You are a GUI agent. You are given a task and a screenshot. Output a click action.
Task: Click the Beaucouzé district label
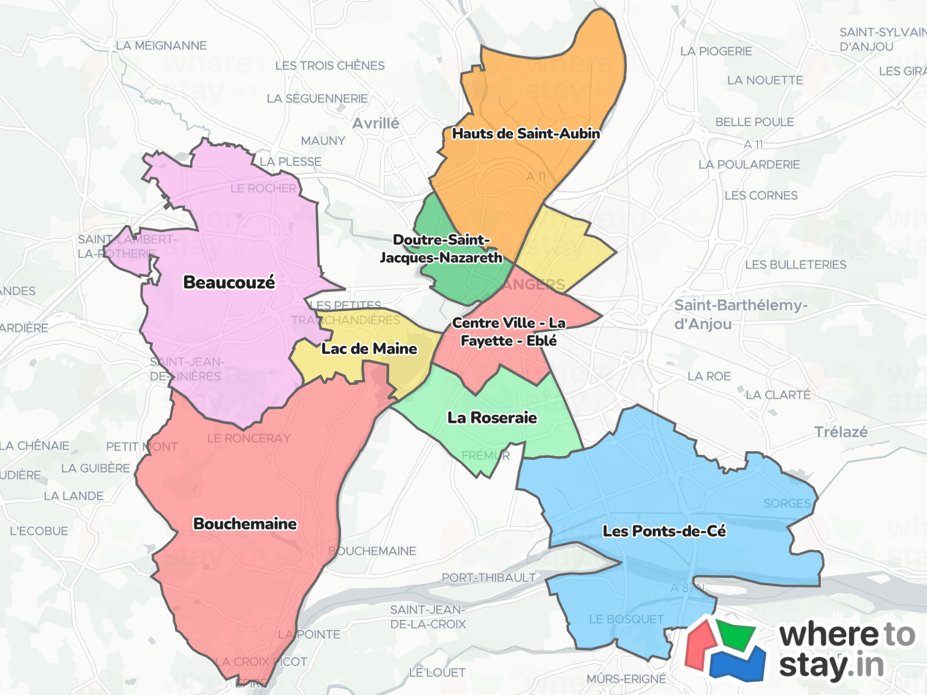229,282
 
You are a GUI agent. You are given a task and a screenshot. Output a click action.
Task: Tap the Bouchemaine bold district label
245,524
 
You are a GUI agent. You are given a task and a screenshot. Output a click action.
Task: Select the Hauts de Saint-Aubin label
526,134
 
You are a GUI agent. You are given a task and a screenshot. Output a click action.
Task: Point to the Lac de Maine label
369,349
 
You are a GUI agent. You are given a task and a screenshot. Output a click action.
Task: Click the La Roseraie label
492,417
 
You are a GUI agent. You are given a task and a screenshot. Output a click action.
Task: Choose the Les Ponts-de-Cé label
664,531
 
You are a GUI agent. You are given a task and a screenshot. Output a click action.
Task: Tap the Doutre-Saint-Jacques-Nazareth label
441,249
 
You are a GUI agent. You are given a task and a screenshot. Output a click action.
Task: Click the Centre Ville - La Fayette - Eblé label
509,332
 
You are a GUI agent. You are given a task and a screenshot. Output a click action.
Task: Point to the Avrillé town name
376,123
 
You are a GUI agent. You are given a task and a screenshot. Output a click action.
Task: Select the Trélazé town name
841,432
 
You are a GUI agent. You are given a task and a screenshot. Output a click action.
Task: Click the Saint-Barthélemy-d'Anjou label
740,314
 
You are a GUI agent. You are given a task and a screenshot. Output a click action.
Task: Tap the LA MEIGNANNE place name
161,45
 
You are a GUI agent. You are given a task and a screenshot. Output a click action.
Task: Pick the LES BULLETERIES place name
795,264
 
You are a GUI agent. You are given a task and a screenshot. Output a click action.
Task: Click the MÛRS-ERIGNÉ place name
626,679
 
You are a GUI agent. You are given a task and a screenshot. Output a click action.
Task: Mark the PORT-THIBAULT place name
488,577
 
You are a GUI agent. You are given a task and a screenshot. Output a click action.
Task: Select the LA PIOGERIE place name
716,51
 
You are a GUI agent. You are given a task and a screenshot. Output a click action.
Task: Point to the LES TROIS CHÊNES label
330,65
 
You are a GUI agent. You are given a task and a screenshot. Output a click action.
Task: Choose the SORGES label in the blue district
787,503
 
